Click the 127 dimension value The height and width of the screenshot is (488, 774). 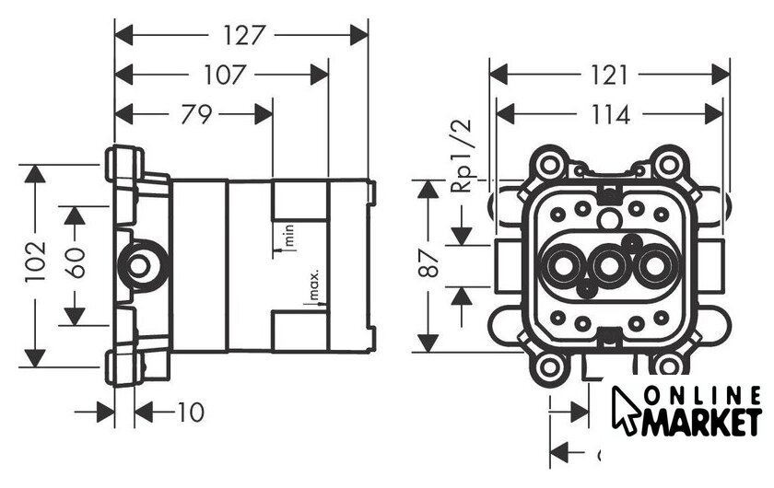pyautogui.click(x=243, y=35)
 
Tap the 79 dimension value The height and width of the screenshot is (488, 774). pyautogui.click(x=194, y=114)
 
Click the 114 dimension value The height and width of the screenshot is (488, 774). pyautogui.click(x=609, y=114)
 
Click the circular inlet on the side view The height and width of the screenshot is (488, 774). pyautogui.click(x=139, y=267)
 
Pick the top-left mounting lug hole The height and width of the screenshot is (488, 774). pyautogui.click(x=550, y=166)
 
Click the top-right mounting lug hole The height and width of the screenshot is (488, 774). pyautogui.click(x=668, y=166)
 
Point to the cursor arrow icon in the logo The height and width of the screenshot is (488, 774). pyautogui.click(x=627, y=408)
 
